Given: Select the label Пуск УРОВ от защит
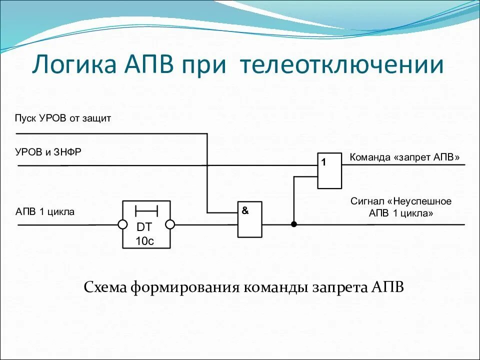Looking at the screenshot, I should point(63,118).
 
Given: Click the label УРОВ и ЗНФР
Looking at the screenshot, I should point(48,152).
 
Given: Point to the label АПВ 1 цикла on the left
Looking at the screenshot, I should point(45,212).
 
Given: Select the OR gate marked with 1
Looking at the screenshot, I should point(329,170).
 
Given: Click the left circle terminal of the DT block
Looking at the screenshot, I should point(122,224).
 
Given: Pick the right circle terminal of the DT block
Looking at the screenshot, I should point(170,224).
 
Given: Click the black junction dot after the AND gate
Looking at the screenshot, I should point(294,224).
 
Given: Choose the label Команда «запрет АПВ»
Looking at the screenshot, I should point(404,157).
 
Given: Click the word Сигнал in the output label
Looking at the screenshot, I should point(366,201).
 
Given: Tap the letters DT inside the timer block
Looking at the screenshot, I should point(144,226).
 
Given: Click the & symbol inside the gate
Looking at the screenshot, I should point(245,210).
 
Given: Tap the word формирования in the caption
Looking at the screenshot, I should point(184,287).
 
